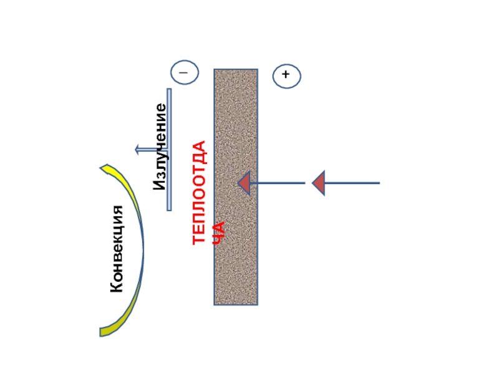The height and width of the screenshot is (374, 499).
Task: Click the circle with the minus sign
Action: pyautogui.click(x=184, y=72)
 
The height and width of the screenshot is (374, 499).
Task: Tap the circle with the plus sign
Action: pyautogui.click(x=286, y=75)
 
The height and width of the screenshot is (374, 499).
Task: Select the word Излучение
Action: pyautogui.click(x=161, y=147)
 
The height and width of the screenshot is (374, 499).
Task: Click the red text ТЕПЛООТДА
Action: pyautogui.click(x=200, y=193)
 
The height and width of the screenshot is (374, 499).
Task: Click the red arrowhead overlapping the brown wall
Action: pyautogui.click(x=244, y=183)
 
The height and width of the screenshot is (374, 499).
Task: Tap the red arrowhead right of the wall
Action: pyautogui.click(x=319, y=183)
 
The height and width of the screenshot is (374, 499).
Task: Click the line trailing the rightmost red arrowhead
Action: pyautogui.click(x=352, y=183)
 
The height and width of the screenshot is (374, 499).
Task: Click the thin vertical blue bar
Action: pyautogui.click(x=169, y=150)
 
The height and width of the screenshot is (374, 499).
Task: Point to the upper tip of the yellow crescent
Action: pyautogui.click(x=105, y=167)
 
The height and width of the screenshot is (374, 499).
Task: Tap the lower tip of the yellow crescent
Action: pyautogui.click(x=104, y=332)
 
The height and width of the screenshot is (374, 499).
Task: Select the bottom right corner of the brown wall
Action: pyautogui.click(x=256, y=304)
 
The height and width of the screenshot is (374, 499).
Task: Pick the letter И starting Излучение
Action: pyautogui.click(x=160, y=185)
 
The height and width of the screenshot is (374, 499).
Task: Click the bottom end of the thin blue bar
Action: pyautogui.click(x=169, y=209)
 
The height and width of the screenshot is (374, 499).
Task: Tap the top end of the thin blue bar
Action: pyautogui.click(x=169, y=90)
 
